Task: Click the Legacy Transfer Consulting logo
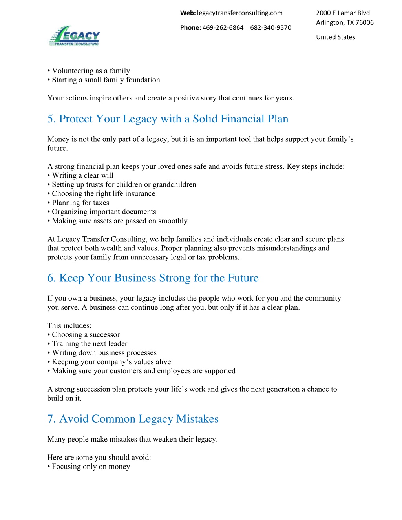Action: pos(75,36)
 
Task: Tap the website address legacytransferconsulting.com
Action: pos(239,13)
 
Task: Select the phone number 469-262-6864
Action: pos(223,28)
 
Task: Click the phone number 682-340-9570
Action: pos(270,28)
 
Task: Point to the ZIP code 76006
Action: pos(364,23)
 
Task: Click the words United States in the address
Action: pos(336,37)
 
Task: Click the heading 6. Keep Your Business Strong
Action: pos(153,278)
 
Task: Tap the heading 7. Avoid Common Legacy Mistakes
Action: pos(133,419)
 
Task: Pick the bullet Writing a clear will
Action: pos(82,175)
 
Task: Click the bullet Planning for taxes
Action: pos(80,203)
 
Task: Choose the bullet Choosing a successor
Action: pos(86,335)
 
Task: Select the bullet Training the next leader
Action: pos(90,344)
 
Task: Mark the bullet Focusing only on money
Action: pos(91,467)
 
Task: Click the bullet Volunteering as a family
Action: pos(91,71)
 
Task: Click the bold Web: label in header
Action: pos(188,13)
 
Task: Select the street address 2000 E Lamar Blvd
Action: pos(343,13)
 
